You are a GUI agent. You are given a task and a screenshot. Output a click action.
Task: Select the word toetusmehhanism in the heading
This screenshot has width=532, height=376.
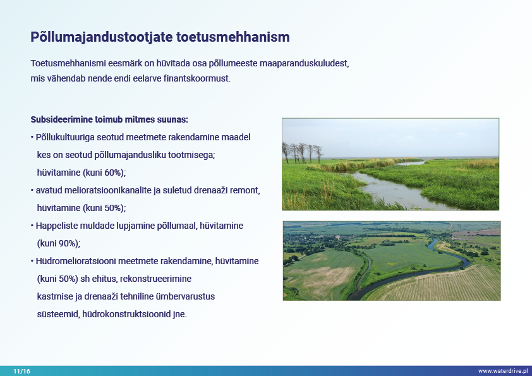click(233, 37)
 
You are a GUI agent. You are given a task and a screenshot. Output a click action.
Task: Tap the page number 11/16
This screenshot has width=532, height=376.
click(21, 371)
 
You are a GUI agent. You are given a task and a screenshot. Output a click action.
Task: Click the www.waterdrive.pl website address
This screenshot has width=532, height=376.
click(503, 371)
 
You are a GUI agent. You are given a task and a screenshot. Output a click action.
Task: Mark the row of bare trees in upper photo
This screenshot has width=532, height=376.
click(302, 153)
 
